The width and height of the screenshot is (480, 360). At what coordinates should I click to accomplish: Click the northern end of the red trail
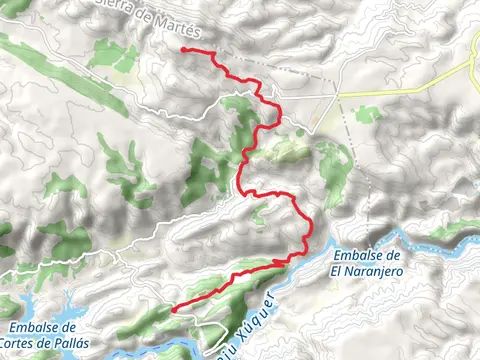point(185,49)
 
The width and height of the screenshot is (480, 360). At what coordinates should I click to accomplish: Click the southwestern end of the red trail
point(172,311)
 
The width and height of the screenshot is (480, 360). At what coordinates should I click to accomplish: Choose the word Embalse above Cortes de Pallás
point(43,328)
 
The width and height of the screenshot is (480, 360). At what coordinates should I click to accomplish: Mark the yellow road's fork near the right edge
point(471,71)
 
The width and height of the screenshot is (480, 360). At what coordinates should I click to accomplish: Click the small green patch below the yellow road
point(368,114)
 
